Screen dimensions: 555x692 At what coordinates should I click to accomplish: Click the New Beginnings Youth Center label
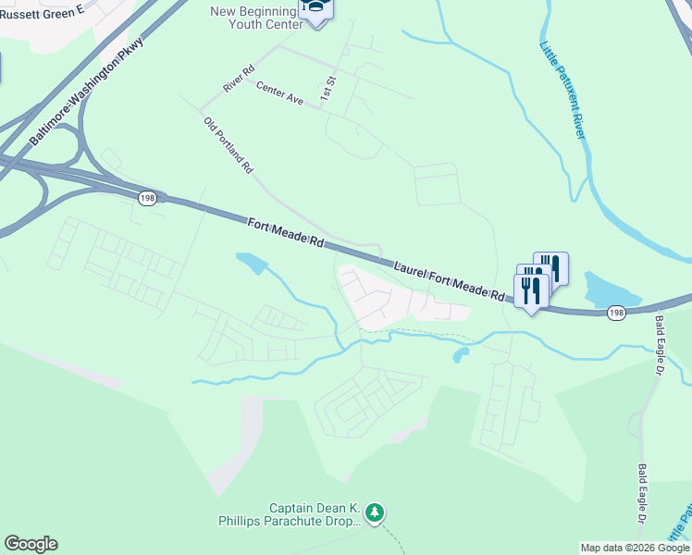pos(256,18)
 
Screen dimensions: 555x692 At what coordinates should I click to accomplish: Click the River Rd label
pos(239,78)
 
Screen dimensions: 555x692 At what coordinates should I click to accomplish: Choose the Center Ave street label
pos(279,92)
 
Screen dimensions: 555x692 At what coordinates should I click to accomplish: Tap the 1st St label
pos(327,89)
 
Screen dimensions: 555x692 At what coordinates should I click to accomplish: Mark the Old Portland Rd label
pos(228,144)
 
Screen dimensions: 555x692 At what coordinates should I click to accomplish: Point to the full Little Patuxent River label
pos(562,89)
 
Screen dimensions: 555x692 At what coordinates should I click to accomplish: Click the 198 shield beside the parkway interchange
pos(147,198)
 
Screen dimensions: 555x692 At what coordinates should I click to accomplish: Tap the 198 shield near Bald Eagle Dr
pos(615,315)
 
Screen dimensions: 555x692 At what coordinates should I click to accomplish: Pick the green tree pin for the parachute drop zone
pos(375,512)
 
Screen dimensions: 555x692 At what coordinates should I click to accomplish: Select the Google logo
pos(31,544)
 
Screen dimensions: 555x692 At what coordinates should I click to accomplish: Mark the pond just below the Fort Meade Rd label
pos(251,264)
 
